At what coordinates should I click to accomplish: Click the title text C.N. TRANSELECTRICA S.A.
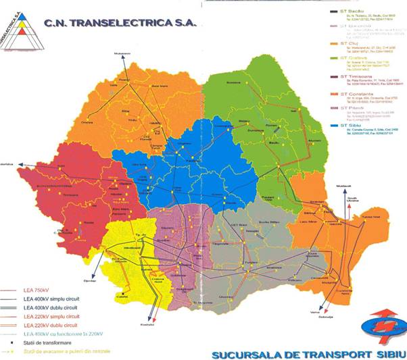pyautogui.click(x=120, y=22)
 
